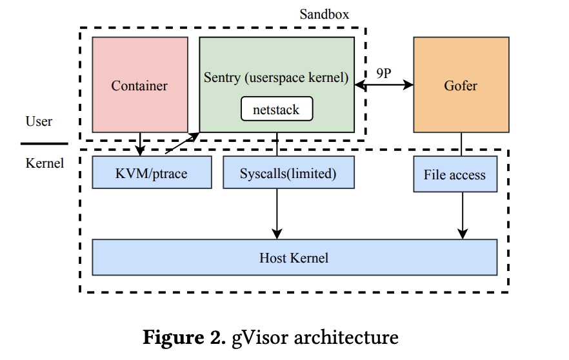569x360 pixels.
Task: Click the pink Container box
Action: (x=140, y=85)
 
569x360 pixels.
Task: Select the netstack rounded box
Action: (x=276, y=109)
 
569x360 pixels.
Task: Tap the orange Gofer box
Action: (x=461, y=85)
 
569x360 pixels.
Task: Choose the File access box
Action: (x=455, y=174)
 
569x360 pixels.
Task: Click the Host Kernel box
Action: (x=294, y=257)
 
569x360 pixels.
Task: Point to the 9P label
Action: (x=383, y=73)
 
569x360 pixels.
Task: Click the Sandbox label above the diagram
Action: (x=324, y=14)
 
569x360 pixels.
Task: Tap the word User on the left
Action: (x=39, y=121)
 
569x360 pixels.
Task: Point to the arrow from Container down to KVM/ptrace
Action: (x=140, y=144)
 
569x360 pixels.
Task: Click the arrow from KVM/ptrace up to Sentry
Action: (x=183, y=144)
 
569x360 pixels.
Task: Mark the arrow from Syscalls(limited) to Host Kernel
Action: (x=277, y=213)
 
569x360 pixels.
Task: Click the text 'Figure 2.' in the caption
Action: (x=184, y=337)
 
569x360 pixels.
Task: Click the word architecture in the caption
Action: (x=343, y=337)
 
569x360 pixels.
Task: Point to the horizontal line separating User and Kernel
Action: (x=44, y=143)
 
